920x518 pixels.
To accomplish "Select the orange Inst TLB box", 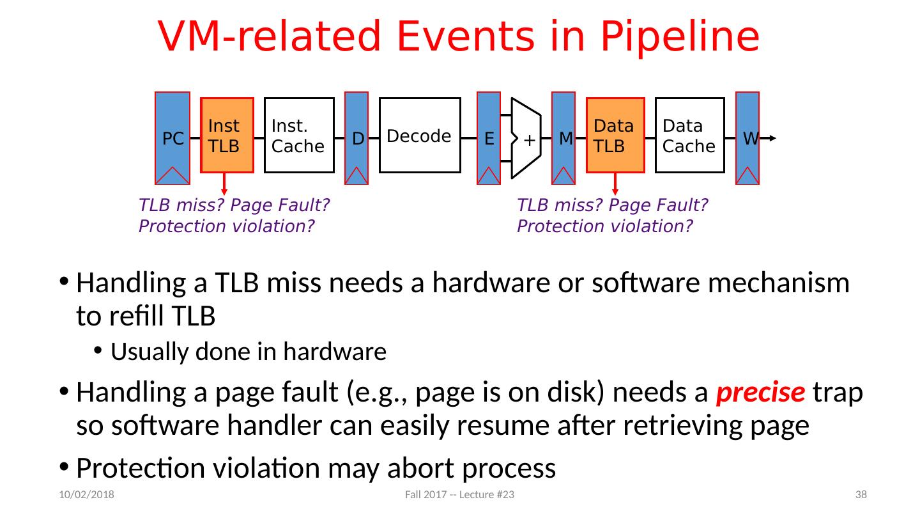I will click(x=227, y=136).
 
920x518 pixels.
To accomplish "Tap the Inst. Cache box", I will click(x=300, y=136).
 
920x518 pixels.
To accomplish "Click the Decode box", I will click(x=420, y=136).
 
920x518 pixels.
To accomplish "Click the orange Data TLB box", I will click(x=615, y=136).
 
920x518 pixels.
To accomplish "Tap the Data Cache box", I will click(x=690, y=136).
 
